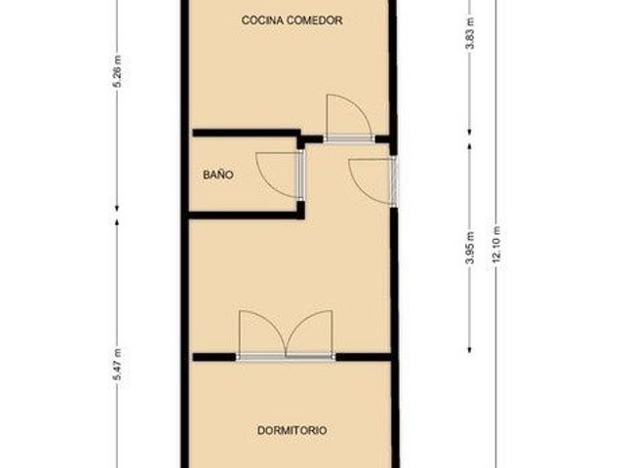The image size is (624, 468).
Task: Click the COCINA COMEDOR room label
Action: [x=292, y=20]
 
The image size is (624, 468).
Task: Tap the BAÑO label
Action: [x=218, y=175]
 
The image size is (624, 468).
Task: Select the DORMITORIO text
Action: [x=292, y=430]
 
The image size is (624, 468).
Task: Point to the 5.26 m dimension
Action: [x=118, y=71]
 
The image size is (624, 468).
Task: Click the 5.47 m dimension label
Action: [x=118, y=364]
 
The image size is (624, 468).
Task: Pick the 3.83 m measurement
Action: [x=470, y=33]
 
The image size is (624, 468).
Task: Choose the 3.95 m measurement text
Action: [x=470, y=248]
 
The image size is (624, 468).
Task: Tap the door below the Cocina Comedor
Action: [x=350, y=117]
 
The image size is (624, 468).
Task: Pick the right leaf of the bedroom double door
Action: [x=309, y=332]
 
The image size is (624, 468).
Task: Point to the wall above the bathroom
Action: [x=247, y=133]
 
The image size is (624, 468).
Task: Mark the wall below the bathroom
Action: [x=247, y=215]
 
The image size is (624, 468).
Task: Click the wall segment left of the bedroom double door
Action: [x=214, y=357]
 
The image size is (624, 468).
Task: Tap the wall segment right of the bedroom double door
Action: [x=364, y=357]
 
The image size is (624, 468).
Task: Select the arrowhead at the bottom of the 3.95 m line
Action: [x=470, y=350]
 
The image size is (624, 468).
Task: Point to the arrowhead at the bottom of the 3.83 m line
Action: [x=470, y=132]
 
